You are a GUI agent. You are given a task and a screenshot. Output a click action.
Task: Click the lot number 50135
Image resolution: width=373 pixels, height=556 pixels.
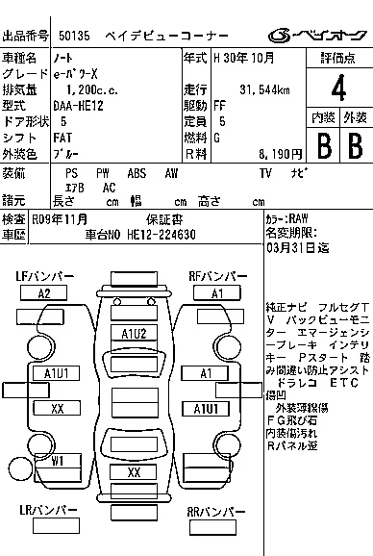tap(76, 36)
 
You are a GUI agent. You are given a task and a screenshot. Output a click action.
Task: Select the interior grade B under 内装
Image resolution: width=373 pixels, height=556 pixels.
tap(322, 146)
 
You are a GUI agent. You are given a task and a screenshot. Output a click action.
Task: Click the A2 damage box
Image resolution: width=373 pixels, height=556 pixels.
tap(43, 293)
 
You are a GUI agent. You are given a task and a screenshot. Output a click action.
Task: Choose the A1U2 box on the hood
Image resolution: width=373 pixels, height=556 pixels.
tap(134, 333)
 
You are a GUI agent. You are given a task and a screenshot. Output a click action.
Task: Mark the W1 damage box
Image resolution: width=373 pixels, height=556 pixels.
tap(58, 460)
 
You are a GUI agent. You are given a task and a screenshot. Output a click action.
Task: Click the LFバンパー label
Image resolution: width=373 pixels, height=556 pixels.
tap(44, 277)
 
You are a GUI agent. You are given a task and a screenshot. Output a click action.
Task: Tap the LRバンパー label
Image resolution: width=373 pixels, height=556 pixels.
tap(44, 512)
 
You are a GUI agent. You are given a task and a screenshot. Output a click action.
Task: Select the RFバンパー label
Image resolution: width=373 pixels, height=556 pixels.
tap(218, 277)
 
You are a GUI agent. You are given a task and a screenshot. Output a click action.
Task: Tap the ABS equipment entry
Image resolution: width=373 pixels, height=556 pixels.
tap(137, 173)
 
